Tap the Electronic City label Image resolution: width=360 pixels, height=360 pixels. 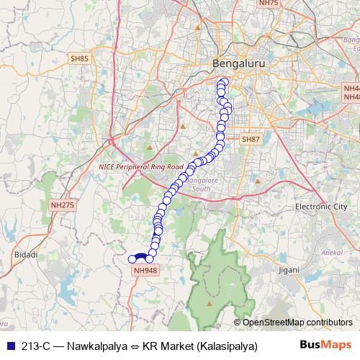(320, 207)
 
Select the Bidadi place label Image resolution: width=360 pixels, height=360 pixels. (25, 255)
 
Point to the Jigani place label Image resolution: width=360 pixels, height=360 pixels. (269, 269)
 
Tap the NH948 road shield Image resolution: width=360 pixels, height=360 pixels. (145, 271)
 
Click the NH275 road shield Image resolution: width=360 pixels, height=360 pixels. (62, 205)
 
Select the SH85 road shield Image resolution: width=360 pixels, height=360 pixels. (78, 58)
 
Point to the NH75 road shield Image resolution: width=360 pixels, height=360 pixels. (268, 4)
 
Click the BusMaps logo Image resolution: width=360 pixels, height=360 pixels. (326, 345)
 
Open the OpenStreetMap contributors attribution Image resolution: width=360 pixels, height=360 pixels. (297, 322)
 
